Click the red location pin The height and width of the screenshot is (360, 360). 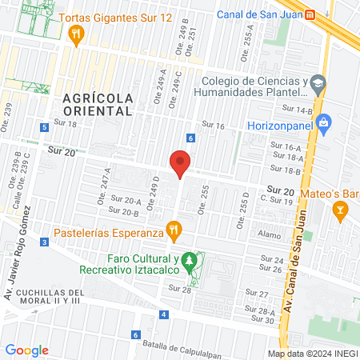pos(181,164)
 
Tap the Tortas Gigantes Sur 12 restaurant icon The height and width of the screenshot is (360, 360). pos(77,34)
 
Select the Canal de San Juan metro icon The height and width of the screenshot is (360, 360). pos(310,14)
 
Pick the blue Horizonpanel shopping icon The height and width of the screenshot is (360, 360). pos(323,123)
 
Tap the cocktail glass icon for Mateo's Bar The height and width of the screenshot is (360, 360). pos(340,211)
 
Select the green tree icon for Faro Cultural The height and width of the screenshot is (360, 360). pos(189,260)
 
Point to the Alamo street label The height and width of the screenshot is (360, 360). pos(270,234)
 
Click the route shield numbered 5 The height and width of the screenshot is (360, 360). pos(42,128)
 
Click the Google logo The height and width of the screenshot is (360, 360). pos(27,350)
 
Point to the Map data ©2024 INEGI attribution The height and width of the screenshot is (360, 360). pos(311,354)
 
